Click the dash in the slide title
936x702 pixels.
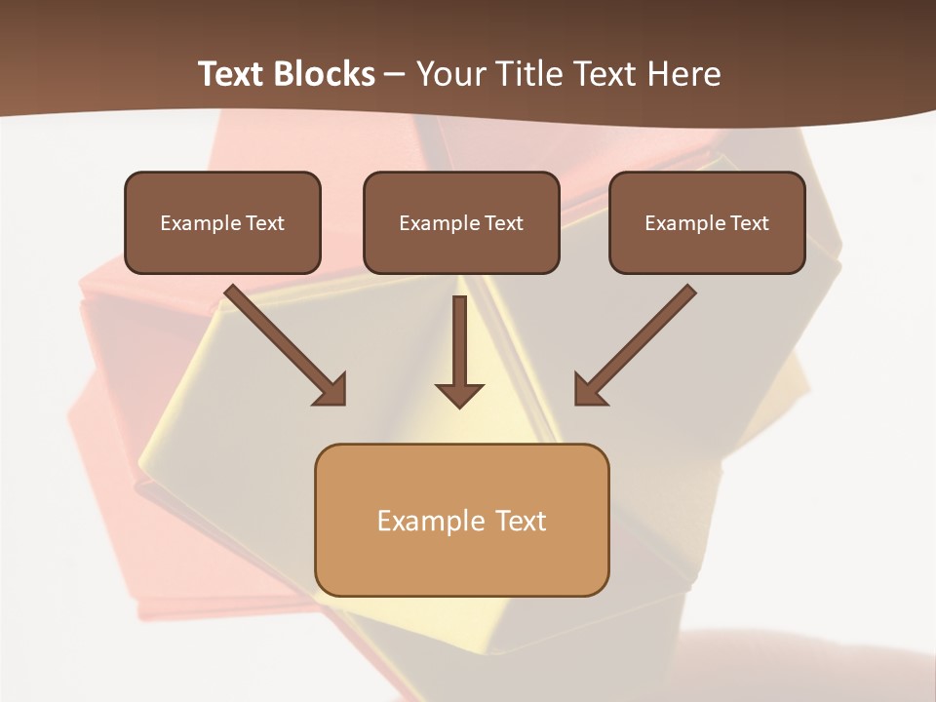395,74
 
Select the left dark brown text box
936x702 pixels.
222,222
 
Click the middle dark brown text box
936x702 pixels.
461,222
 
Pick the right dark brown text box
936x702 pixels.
707,222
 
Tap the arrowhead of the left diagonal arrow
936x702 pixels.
331,390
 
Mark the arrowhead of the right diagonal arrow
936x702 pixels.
589,390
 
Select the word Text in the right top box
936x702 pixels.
749,223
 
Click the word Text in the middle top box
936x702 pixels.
503,223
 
